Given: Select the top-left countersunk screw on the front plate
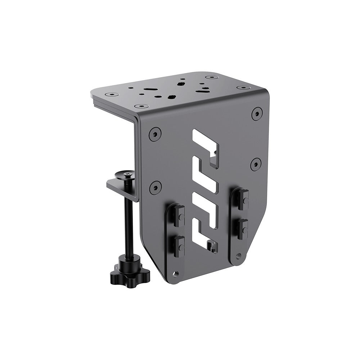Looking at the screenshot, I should (x=154, y=134).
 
